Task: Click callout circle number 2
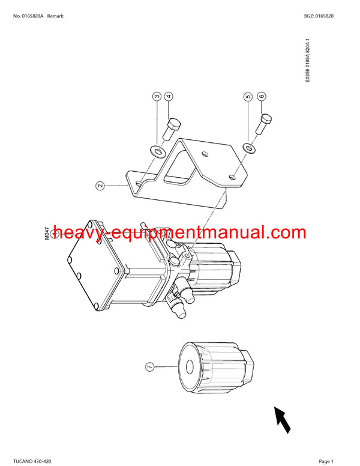tap(100, 186)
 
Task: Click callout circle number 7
tap(149, 365)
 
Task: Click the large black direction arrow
tap(282, 419)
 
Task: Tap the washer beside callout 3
tap(157, 150)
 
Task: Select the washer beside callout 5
tap(247, 148)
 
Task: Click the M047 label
tap(48, 232)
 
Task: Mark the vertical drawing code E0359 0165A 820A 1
tap(308, 63)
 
